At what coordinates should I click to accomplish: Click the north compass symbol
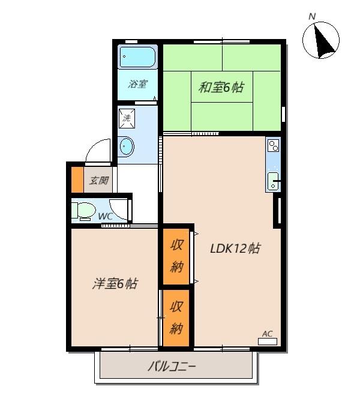point(321,40)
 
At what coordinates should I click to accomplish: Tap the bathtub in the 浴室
point(137,58)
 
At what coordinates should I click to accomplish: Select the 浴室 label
point(137,84)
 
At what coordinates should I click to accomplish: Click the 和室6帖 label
point(221,88)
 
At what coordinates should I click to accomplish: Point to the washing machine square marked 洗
point(127,118)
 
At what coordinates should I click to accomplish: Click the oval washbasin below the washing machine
point(127,146)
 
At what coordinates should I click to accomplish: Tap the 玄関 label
point(99,180)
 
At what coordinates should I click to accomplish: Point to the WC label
point(105,216)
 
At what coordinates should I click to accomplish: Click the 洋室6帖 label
point(115,283)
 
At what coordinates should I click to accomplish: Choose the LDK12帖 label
point(235,248)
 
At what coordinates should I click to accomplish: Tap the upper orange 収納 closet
point(176,256)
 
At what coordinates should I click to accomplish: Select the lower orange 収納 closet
point(176,318)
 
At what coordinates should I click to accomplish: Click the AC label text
point(267,334)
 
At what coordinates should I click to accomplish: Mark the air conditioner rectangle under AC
point(267,342)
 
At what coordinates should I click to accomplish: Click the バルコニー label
point(172,366)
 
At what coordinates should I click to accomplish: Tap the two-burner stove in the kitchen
point(273,145)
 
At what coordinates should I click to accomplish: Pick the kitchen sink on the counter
point(273,179)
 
